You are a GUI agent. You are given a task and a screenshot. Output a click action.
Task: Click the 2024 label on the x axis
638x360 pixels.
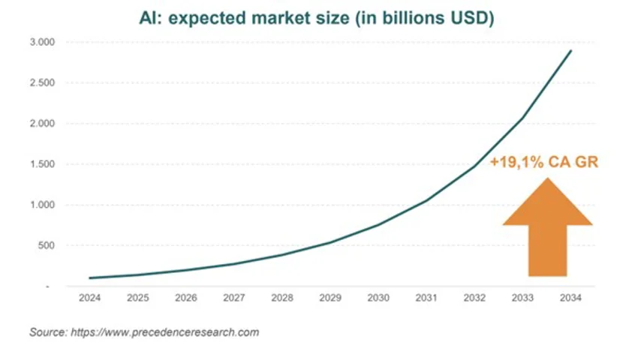click(89, 298)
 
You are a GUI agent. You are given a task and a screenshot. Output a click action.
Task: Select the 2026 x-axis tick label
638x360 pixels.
click(185, 298)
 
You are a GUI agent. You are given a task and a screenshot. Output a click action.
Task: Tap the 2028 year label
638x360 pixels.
click(281, 298)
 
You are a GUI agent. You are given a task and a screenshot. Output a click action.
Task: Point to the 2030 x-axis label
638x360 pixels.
click(378, 298)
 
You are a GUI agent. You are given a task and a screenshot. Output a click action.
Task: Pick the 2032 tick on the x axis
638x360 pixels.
click(474, 298)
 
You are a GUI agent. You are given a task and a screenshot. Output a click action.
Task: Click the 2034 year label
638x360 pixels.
click(570, 298)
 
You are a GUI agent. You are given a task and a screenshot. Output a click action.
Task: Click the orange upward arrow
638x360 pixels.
click(547, 229)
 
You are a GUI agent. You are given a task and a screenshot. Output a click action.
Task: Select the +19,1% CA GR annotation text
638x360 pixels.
click(543, 162)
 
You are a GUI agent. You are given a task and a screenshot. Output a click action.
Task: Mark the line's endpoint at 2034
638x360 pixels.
click(571, 51)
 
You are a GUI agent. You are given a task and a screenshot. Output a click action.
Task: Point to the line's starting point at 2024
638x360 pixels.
click(89, 278)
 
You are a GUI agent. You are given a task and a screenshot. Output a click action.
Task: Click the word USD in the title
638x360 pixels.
click(471, 16)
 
